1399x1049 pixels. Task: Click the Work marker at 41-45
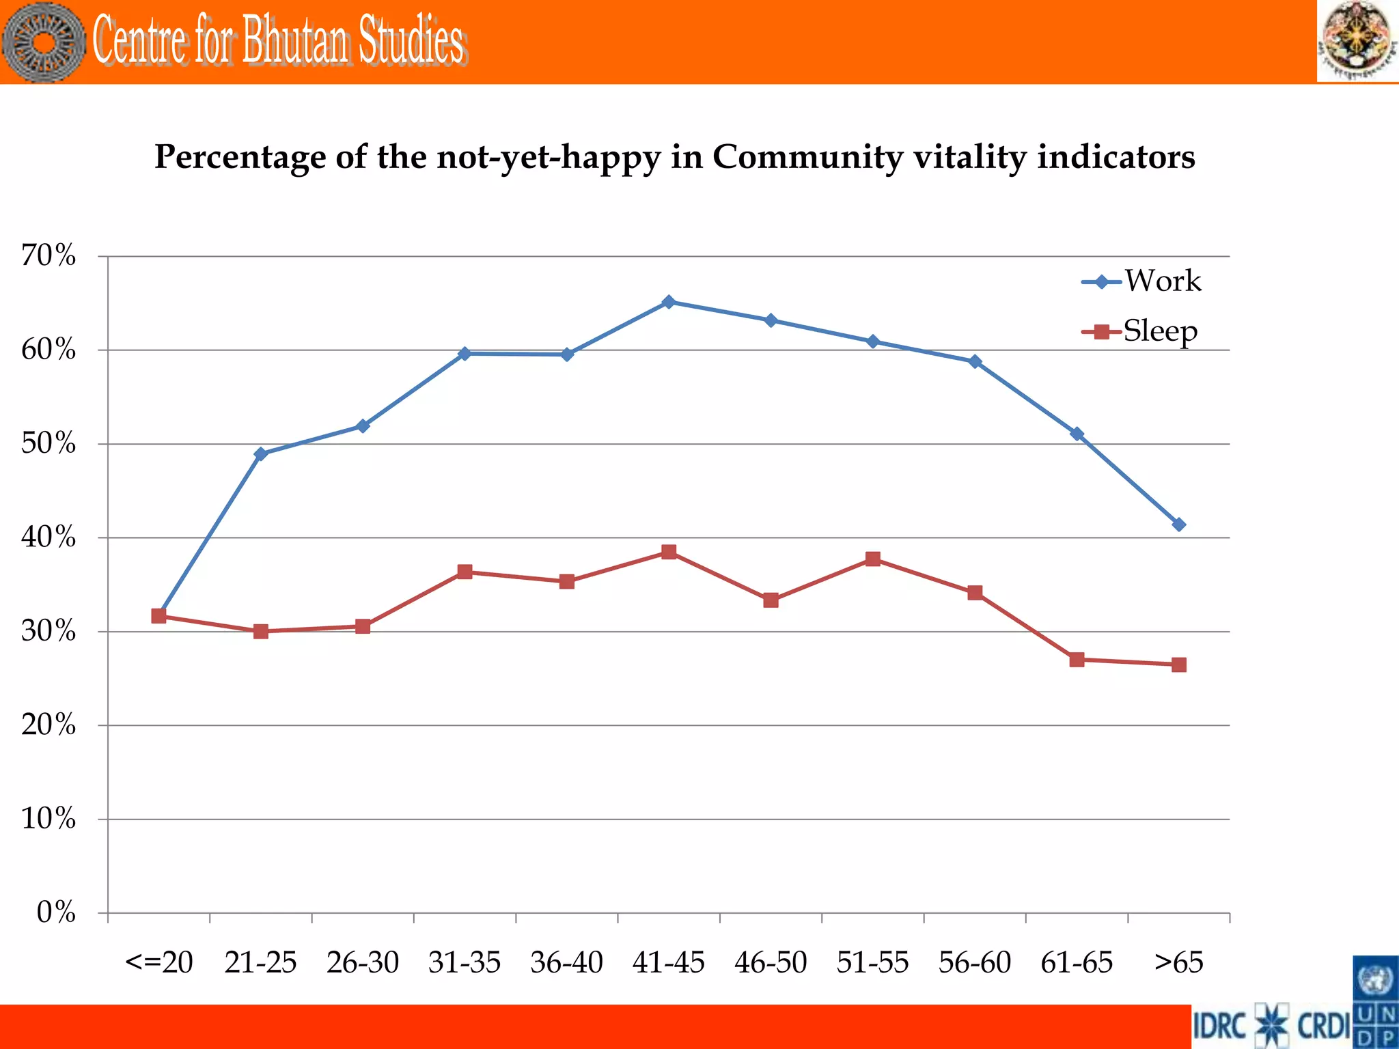click(x=669, y=302)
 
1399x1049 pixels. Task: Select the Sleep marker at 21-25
click(x=260, y=631)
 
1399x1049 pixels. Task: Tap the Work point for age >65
click(x=1178, y=524)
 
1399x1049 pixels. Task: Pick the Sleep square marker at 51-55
click(x=872, y=559)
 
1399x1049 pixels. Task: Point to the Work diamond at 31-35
click(x=465, y=353)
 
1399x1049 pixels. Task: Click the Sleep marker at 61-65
click(x=1077, y=659)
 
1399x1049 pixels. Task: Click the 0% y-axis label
click(x=56, y=912)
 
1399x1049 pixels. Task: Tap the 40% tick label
click(x=49, y=537)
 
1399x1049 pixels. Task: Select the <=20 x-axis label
click(x=158, y=962)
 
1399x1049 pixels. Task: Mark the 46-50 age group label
click(x=771, y=962)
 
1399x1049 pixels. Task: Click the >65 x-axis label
click(x=1178, y=962)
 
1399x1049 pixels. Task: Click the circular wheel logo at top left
click(x=44, y=42)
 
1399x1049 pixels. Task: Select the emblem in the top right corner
click(x=1356, y=41)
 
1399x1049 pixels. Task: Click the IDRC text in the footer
click(x=1220, y=1026)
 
